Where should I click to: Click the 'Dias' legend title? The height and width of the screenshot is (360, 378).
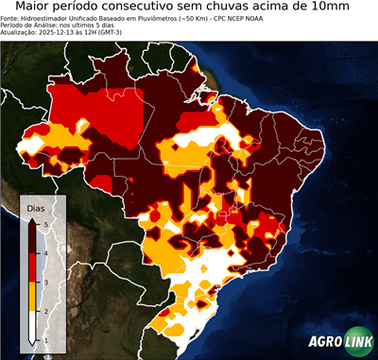point(35,207)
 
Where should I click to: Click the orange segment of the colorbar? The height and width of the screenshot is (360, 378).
point(34,296)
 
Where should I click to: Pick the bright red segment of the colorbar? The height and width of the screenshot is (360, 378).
point(34,266)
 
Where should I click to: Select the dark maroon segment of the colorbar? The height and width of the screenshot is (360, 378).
point(34,237)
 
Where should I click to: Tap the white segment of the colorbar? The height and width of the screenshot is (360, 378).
point(34,325)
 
